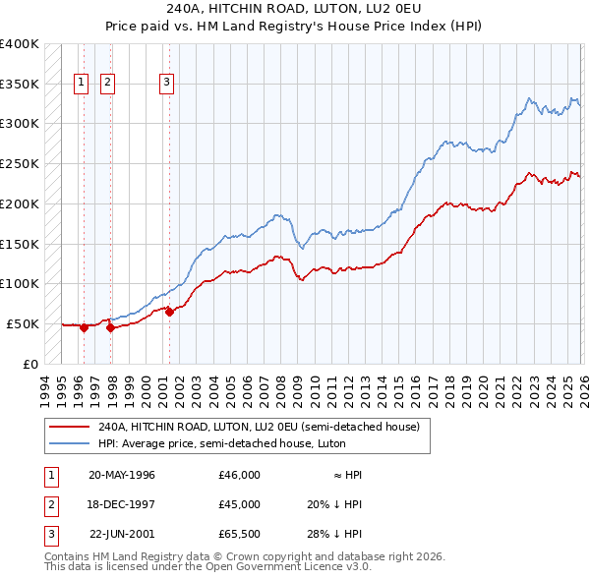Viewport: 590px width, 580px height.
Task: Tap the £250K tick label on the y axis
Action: (20, 163)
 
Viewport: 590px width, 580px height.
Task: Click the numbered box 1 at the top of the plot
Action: (81, 84)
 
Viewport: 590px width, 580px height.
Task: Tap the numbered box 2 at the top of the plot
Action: (106, 84)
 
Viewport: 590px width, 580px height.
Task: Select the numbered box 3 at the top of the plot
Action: (167, 84)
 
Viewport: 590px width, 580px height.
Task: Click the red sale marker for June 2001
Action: (169, 312)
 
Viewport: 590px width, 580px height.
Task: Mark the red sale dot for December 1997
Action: (110, 328)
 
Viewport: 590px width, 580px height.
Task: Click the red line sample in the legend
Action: (71, 427)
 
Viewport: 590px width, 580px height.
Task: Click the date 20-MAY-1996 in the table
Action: (122, 475)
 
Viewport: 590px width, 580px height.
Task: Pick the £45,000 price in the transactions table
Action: (239, 504)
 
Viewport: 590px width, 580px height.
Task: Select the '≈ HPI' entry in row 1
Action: (347, 475)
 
